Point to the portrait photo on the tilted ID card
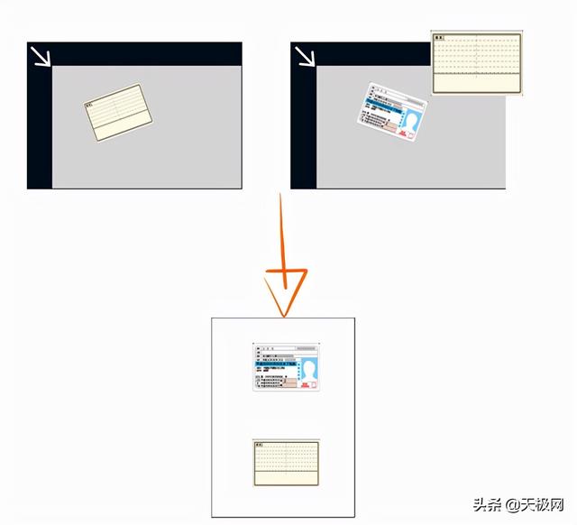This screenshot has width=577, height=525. (x=415, y=120)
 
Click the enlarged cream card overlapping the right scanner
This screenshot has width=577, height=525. (x=477, y=63)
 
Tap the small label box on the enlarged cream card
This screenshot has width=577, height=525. (x=440, y=38)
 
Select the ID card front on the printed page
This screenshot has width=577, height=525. (x=287, y=366)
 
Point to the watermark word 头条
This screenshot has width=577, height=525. (x=487, y=502)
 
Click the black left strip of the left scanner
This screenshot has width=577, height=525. (x=39, y=126)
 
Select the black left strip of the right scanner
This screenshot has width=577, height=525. (x=304, y=126)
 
